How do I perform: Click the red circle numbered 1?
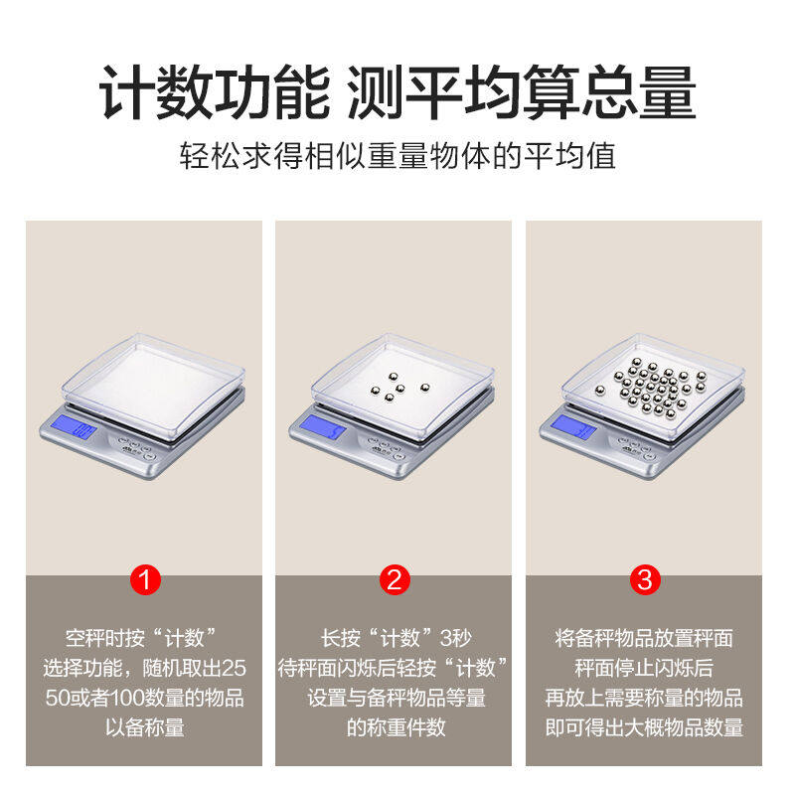[145, 579]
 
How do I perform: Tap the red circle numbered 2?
[395, 579]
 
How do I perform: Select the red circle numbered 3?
[644, 579]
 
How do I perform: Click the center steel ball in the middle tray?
[395, 390]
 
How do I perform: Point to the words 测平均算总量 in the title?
[521, 94]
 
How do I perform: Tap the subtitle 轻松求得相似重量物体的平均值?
[397, 156]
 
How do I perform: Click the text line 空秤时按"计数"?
[141, 637]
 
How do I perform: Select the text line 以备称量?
[144, 726]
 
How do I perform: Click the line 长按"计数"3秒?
[395, 637]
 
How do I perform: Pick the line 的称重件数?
[395, 726]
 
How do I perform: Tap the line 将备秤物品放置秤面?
[644, 637]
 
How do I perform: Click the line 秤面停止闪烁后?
[644, 667]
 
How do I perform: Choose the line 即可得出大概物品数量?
[644, 726]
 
